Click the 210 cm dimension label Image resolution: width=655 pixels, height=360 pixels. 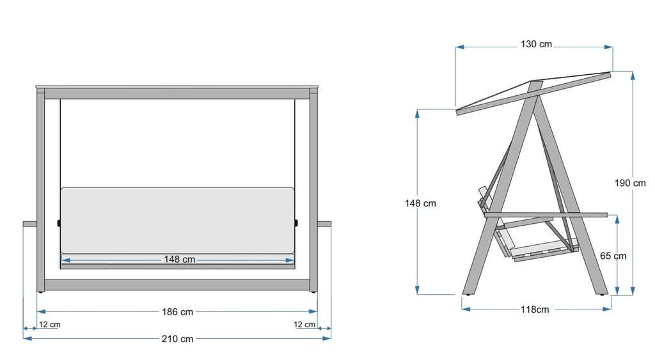pos(178,338)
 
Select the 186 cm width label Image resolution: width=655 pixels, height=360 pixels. pos(178,312)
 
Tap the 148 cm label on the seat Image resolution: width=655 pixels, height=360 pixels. pos(179,260)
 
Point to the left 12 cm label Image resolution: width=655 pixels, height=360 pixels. pos(49,325)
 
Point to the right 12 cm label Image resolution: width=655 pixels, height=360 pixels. pos(304,325)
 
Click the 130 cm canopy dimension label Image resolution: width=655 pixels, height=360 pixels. pos(535,45)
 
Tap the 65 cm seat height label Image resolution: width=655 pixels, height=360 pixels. pos(613,256)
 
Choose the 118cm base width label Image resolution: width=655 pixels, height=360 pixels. pos(534,309)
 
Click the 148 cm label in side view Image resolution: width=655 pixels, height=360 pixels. pos(421,203)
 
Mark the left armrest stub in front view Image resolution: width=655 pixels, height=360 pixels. pos(30,224)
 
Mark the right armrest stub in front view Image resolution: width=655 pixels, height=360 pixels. pos(324,224)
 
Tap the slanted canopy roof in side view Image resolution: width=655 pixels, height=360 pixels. pos(534,92)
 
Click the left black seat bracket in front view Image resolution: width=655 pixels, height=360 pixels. pos(59,223)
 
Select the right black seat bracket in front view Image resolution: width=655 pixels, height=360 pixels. pos(297,223)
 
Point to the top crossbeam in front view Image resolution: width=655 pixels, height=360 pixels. pos(177,93)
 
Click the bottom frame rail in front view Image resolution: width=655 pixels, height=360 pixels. pos(177,284)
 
